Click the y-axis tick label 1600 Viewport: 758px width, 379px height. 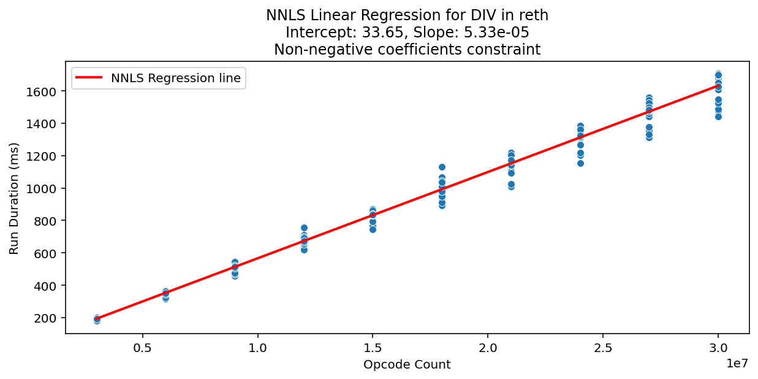[x=45, y=91]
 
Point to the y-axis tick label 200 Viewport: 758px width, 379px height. [x=47, y=318]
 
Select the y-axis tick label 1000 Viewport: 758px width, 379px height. [x=45, y=188]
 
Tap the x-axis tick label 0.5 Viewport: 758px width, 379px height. [x=143, y=346]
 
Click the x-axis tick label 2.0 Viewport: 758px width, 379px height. [x=488, y=346]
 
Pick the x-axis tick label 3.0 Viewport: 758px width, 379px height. [x=718, y=346]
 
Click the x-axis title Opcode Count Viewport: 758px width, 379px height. [x=407, y=365]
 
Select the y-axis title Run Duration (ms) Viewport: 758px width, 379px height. [x=14, y=198]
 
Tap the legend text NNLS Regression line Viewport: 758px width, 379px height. [x=176, y=78]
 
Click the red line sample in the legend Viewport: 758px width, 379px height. [x=90, y=78]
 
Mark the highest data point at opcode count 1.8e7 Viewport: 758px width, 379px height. [x=442, y=167]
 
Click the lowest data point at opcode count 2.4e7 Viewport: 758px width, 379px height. [x=580, y=163]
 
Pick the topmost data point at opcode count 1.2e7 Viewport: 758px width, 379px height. [x=304, y=228]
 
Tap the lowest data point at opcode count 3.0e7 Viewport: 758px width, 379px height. [x=718, y=117]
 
